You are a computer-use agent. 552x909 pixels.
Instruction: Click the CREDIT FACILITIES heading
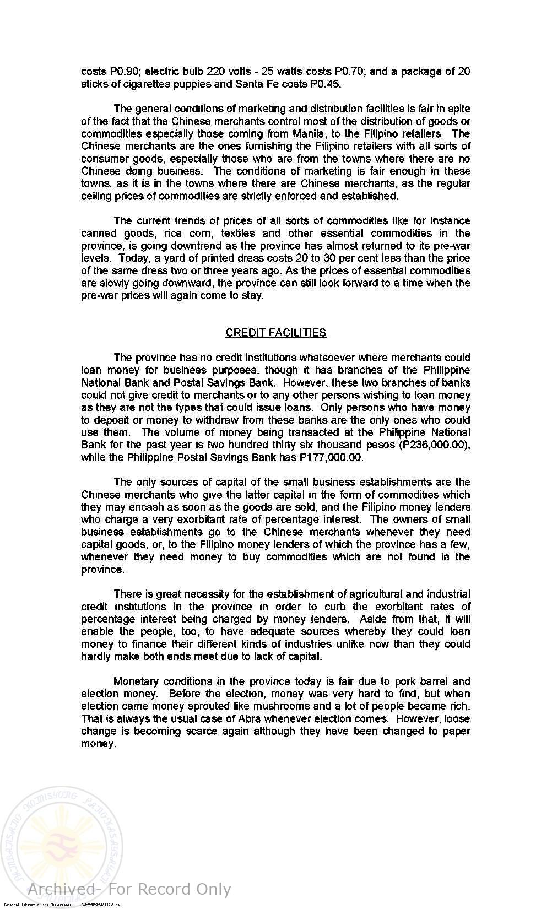click(275, 333)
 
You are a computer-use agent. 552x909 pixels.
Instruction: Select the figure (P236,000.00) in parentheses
click(437, 445)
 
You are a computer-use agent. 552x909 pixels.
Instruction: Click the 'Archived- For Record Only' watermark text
click(129, 889)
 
